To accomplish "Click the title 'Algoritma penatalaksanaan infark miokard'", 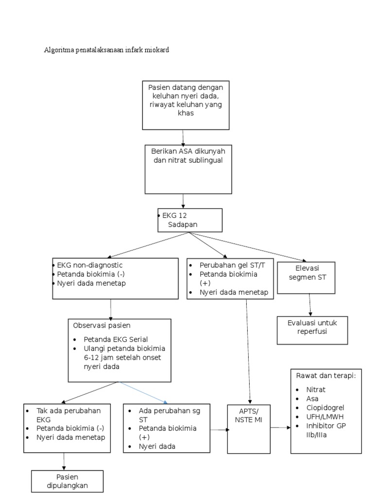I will pos(107,50).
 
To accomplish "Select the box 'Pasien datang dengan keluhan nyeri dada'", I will pos(186,105).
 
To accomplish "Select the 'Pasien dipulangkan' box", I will pos(67,481).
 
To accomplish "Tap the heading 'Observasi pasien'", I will pos(102,325).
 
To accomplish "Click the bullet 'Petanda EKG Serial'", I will pos(116,339).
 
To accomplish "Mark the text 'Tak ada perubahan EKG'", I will pos(68,414).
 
